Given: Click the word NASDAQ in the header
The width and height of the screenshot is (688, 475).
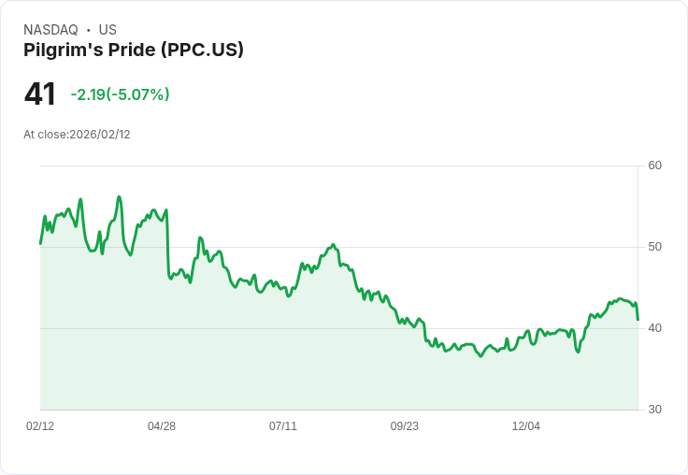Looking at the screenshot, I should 50,30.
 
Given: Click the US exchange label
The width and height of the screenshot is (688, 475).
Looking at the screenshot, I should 107,30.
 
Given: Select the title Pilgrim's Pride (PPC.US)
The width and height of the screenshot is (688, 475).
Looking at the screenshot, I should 134,50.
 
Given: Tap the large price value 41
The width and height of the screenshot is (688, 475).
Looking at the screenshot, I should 40,94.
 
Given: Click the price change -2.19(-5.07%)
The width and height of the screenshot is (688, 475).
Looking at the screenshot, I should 120,94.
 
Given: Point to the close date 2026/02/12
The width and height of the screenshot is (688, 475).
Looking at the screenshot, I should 100,135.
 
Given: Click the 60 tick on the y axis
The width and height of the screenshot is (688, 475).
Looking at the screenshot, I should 654,166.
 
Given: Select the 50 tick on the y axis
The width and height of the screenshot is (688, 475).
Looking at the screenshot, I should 654,247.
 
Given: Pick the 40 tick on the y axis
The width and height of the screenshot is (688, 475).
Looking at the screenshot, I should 654,328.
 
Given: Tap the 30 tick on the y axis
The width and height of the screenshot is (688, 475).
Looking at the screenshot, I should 654,410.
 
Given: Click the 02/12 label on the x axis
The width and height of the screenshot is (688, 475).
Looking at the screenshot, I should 40,426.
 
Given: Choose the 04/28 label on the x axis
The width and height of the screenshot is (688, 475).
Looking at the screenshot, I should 162,426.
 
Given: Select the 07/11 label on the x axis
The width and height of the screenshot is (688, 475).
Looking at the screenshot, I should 283,426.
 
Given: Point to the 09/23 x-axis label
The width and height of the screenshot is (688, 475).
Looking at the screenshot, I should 405,426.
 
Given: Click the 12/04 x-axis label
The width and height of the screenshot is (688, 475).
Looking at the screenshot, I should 526,426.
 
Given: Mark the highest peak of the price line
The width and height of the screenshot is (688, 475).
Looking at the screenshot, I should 119,196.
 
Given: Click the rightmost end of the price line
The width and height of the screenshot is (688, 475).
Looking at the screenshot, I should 638,320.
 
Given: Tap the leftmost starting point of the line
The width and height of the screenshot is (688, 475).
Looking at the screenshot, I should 40,243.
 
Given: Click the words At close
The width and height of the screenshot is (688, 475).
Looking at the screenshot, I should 45,135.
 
